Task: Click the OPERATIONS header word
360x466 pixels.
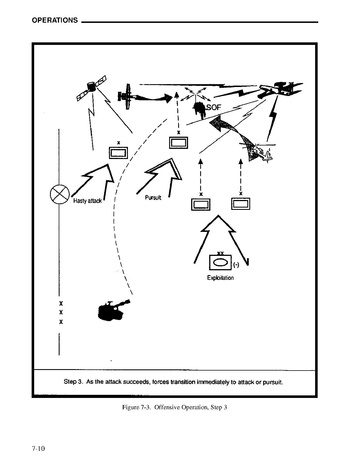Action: tap(55, 20)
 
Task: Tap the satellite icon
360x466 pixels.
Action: tap(91, 88)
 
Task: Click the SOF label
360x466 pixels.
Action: tap(214, 107)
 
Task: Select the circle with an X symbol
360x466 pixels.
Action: tap(60, 194)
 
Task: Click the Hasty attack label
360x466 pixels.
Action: tap(87, 201)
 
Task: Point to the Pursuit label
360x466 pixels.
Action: tap(153, 198)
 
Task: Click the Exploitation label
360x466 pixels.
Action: tap(220, 278)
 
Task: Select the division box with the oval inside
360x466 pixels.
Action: tap(220, 262)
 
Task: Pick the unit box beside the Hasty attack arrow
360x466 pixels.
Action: tap(119, 153)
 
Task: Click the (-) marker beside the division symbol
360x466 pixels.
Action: tap(236, 265)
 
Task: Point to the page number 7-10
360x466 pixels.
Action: tap(38, 448)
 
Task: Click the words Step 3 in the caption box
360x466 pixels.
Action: tap(73, 382)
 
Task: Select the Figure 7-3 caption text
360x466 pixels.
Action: tap(175, 407)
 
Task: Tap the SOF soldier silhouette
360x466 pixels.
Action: tap(200, 110)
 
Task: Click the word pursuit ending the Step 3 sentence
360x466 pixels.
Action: tap(272, 382)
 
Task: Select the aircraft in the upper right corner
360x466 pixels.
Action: tap(280, 89)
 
